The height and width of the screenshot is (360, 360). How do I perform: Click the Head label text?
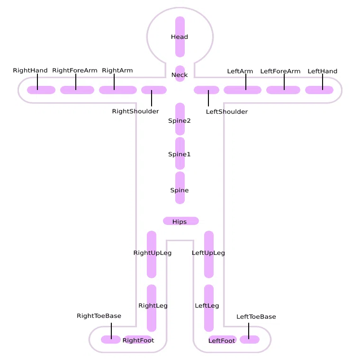pyautogui.click(x=180, y=37)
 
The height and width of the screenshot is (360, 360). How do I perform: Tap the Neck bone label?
pyautogui.click(x=180, y=75)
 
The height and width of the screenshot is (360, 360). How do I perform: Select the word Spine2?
pyautogui.click(x=180, y=120)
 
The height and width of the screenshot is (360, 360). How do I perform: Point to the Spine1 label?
pyautogui.click(x=180, y=154)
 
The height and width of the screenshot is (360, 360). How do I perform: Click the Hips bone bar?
pyautogui.click(x=181, y=221)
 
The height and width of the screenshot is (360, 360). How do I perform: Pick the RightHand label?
pyautogui.click(x=30, y=70)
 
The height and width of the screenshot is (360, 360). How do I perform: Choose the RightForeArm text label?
pyautogui.click(x=75, y=70)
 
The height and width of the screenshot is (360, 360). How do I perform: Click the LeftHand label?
pyautogui.click(x=323, y=71)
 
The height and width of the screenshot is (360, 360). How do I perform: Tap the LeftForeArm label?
pyautogui.click(x=280, y=71)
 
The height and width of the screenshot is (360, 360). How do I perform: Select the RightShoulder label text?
pyautogui.click(x=135, y=111)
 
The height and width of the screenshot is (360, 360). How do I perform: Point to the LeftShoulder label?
pyautogui.click(x=226, y=112)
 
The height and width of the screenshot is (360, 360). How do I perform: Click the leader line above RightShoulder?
pyautogui.click(x=152, y=98)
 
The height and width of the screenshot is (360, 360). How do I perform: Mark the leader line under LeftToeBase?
pyautogui.click(x=249, y=331)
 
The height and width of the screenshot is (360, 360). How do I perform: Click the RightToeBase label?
pyautogui.click(x=99, y=315)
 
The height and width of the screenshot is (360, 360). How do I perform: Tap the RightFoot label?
pyautogui.click(x=138, y=340)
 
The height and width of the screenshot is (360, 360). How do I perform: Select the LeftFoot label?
pyautogui.click(x=222, y=341)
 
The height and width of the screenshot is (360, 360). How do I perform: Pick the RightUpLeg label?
pyautogui.click(x=152, y=253)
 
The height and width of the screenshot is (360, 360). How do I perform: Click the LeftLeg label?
pyautogui.click(x=207, y=306)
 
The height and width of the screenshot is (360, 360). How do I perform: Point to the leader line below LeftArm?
pyautogui.click(x=246, y=82)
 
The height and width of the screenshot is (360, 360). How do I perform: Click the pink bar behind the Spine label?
pyautogui.click(x=180, y=188)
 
